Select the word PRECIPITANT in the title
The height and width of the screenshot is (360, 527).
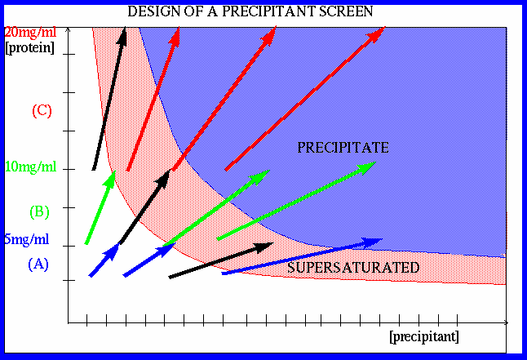pos(269,11)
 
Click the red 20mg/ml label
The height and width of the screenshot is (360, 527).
pos(30,33)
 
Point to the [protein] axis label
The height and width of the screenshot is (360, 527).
pos(30,47)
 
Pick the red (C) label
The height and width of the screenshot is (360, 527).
pos(42,111)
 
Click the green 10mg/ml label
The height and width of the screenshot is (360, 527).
pos(30,167)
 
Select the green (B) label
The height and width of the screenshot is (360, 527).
pos(40,212)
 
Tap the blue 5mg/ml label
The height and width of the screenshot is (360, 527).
pos(27,239)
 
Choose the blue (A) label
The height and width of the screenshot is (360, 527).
pos(38,264)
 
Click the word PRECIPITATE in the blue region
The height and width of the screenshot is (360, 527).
pos(343,148)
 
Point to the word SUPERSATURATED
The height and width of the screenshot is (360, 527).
pos(353,268)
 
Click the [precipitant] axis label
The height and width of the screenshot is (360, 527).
pos(424,336)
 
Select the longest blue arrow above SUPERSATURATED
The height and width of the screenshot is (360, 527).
pos(302,256)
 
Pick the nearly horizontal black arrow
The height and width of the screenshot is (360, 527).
pos(221,260)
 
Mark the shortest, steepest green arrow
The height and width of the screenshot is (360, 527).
pos(100,207)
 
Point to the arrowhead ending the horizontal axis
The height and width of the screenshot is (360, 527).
pos(506,323)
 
